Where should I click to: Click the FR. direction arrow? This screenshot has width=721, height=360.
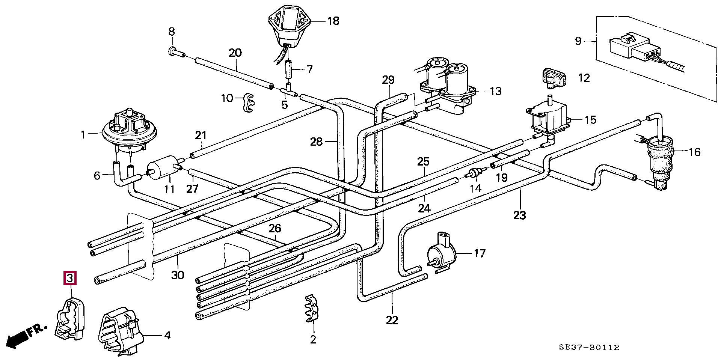click(x=26, y=336)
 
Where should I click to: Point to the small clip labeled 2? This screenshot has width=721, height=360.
click(x=311, y=308)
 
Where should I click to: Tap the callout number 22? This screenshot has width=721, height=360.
click(x=392, y=320)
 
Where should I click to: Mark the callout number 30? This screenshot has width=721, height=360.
click(x=178, y=275)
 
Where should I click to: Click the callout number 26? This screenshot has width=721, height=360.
click(x=275, y=228)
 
